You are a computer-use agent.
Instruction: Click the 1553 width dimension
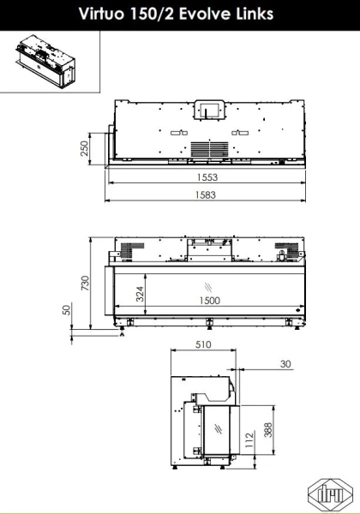point(207,177)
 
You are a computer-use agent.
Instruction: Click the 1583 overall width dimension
point(206,195)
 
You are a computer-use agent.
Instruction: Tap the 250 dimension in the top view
point(84,148)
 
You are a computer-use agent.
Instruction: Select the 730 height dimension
point(85,283)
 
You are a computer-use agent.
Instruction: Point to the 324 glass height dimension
point(140,294)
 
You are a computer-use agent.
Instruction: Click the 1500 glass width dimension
point(210,301)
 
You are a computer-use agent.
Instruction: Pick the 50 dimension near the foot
point(67,310)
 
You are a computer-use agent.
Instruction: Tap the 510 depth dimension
point(203,344)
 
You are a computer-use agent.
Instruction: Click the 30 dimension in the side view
point(285,364)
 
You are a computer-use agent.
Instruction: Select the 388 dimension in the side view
point(268,430)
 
